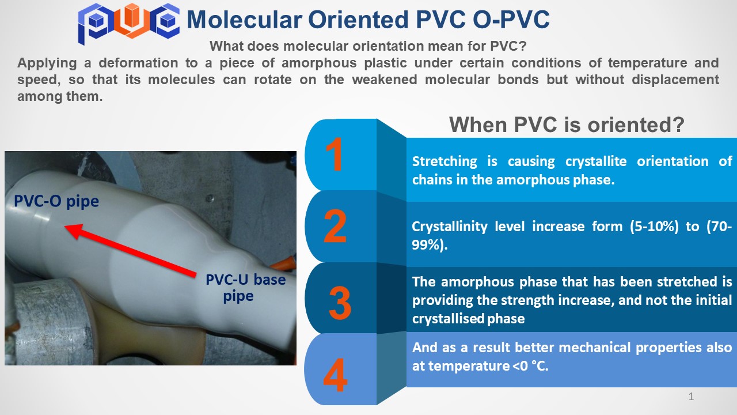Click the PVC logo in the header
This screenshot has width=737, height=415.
point(128,23)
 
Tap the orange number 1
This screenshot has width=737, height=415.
point(335,154)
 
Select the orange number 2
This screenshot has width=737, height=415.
point(335,226)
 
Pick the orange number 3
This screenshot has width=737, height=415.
point(340,303)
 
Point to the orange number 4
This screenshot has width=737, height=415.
point(335,375)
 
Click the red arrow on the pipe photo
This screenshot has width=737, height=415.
point(130,250)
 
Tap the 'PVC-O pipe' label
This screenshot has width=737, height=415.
point(56,201)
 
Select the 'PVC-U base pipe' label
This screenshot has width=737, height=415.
point(245,288)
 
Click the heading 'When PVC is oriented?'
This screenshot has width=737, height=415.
point(567,125)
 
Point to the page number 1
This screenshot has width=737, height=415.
point(691,396)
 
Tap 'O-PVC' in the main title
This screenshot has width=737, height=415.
point(511,20)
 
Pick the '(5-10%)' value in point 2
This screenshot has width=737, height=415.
point(654,227)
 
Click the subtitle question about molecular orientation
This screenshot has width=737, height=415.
point(368,46)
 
